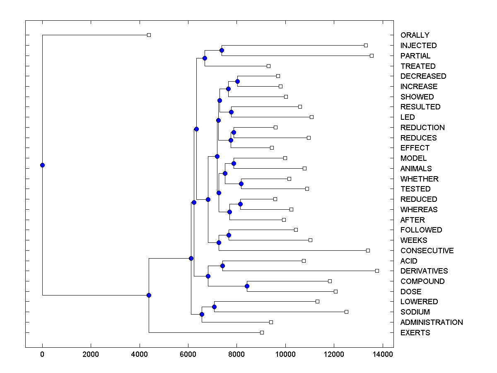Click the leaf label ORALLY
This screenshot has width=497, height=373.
pos(415,35)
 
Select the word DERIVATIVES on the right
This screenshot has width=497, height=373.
pos(424,271)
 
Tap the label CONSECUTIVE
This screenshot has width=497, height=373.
pos(427,251)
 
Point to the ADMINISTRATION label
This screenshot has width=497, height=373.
pos(432,322)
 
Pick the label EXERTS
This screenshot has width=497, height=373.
pos(415,333)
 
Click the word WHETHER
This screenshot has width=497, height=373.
pos(419,179)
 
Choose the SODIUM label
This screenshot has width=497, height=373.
pos(415,312)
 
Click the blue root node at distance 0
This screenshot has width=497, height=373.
pos(42,165)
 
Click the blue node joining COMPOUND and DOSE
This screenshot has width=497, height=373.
pos(247,286)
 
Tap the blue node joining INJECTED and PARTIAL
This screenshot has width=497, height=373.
pos(222,50)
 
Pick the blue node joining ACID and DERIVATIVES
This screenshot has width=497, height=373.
pos(222,266)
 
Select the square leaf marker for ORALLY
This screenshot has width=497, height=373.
pos(149,35)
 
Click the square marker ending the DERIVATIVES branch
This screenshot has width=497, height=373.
pos(377,271)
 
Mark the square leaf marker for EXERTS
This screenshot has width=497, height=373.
pos(262,332)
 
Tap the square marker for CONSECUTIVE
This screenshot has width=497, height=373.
pos(368,250)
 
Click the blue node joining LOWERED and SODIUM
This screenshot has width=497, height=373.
pos(214,307)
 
